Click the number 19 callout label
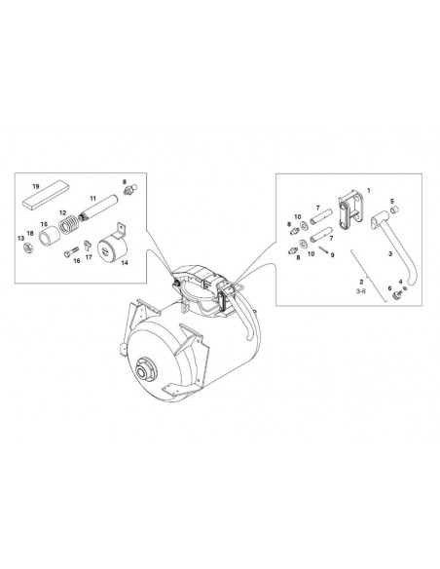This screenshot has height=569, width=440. click(x=36, y=186)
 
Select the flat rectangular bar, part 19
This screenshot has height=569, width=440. click(x=46, y=195)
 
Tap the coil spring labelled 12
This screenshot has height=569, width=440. click(x=68, y=225)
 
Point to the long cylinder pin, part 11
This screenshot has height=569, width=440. click(x=98, y=209)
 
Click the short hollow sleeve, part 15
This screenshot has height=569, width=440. click(x=50, y=236)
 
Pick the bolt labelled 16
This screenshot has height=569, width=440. click(x=71, y=251)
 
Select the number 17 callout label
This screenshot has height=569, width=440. click(x=89, y=257)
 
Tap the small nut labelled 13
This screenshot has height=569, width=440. click(x=28, y=248)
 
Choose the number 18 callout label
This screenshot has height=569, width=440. click(x=30, y=233)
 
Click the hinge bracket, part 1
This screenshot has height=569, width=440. click(x=350, y=209)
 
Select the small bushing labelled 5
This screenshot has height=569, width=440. click(x=394, y=209)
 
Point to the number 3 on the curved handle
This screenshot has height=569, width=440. click(x=390, y=254)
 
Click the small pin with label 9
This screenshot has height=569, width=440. click(x=324, y=250)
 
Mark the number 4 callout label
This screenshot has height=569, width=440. click(x=400, y=282)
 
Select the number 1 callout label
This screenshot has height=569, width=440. click(x=369, y=190)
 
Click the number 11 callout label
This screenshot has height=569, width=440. click(x=93, y=199)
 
